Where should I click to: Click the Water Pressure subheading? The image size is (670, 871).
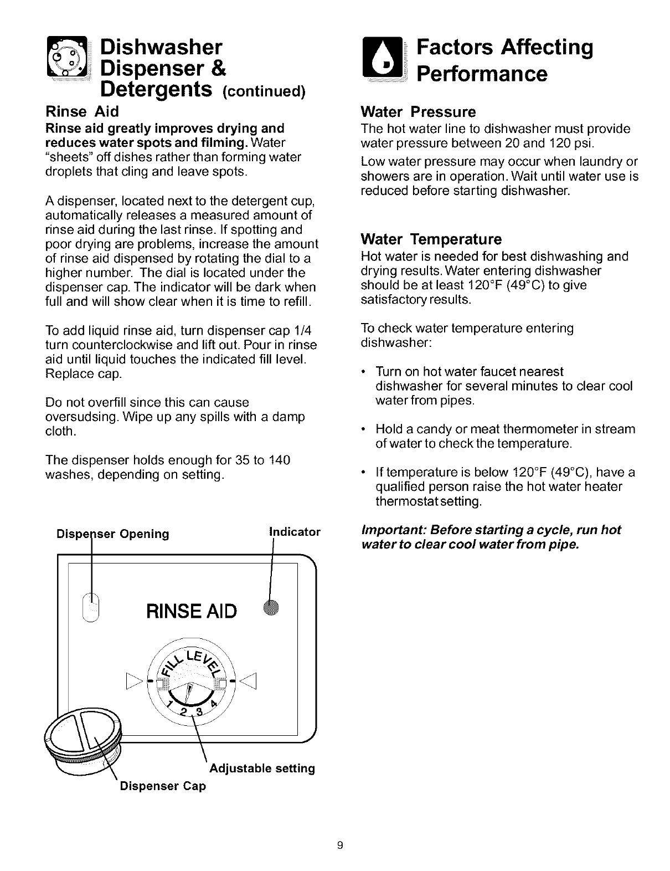[x=418, y=112]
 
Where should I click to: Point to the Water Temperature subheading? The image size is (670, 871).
[x=431, y=239]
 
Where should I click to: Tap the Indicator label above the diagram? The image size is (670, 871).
[x=294, y=532]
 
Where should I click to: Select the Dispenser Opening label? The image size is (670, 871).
[x=113, y=534]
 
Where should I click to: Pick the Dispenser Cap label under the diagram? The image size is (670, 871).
[x=163, y=786]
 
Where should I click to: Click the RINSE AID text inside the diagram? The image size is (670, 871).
[x=192, y=611]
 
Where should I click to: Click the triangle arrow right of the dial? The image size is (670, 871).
[x=249, y=680]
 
